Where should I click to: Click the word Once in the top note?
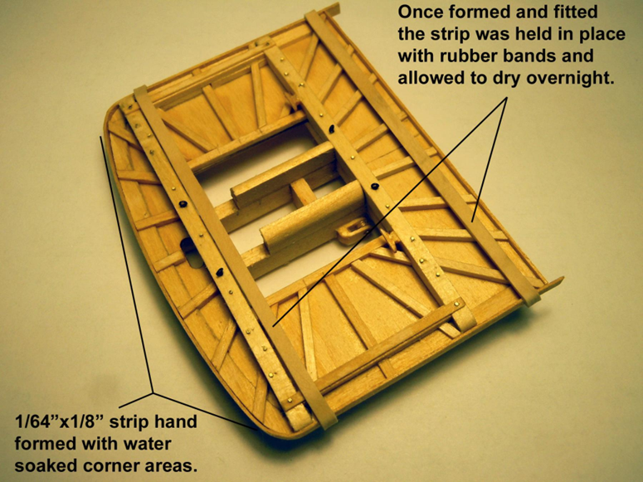click(421, 12)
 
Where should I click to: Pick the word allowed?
click(431, 78)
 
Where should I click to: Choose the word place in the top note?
click(601, 35)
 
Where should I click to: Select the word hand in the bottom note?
click(178, 421)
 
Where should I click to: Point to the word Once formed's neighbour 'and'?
click(527, 12)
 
